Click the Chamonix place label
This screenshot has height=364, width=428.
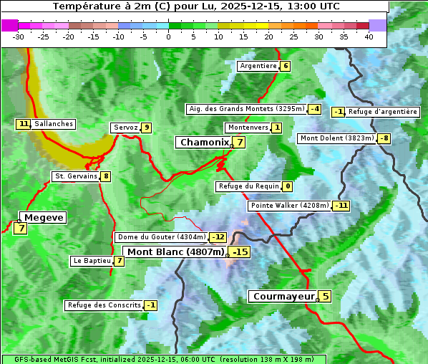[204, 143]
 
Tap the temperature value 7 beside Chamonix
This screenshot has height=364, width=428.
[240, 143]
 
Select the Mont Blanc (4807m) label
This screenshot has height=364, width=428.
[175, 252]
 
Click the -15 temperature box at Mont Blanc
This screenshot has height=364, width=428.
[240, 252]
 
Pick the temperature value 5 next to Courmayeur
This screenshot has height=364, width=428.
[325, 296]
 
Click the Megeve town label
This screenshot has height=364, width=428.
[44, 218]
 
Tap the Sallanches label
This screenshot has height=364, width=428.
[54, 124]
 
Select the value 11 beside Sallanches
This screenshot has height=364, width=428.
[24, 124]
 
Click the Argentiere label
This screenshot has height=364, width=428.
[258, 66]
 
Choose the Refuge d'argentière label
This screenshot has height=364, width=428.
[383, 112]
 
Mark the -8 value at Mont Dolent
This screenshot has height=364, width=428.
[384, 138]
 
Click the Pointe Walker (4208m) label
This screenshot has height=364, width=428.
[289, 206]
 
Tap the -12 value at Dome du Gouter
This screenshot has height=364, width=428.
[218, 237]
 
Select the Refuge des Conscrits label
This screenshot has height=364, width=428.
[103, 305]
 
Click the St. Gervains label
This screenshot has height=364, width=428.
[75, 176]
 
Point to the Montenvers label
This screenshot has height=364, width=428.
[248, 128]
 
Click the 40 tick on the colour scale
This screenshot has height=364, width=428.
[369, 37]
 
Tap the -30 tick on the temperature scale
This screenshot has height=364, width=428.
[19, 37]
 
